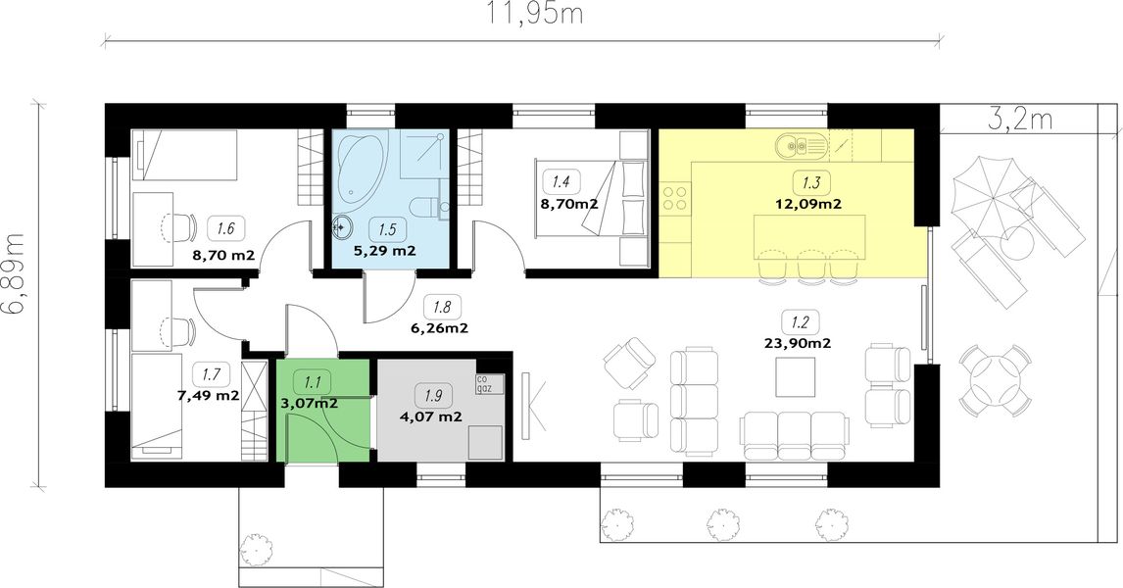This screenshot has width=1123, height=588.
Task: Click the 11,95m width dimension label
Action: pos(535,15)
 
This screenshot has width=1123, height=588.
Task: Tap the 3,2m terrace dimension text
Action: pos(1020,120)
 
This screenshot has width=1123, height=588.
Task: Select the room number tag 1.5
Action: pos(387,230)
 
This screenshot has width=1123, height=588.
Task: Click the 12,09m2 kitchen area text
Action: pos(807,204)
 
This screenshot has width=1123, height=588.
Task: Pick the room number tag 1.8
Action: pos(442,308)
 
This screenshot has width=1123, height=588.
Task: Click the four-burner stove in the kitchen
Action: pos(675,197)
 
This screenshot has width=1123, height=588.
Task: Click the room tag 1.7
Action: pos(211,373)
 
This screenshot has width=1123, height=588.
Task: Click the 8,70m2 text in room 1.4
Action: pos(569,204)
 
